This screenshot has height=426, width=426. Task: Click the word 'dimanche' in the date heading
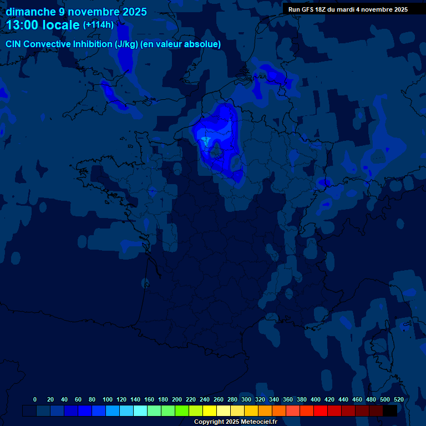pos(31,12)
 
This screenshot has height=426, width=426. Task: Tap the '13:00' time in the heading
pos(24,26)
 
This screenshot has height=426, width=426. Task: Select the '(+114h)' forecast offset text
pos(98,25)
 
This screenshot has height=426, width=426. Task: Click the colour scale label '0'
pos(35,399)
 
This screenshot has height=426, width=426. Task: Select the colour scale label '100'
pos(108,399)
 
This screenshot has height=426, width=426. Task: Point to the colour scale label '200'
pos(177,399)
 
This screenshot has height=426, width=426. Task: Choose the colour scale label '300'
pos(246,399)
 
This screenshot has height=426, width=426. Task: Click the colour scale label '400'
pos(316,399)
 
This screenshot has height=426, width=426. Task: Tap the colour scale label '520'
pos(398,399)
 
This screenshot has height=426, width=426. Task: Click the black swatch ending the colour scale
pos(390,410)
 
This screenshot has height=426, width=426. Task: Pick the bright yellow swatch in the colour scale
pos(210,410)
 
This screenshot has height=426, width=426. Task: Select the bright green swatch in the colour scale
pos(182,410)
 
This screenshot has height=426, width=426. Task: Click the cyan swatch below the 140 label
pos(140,410)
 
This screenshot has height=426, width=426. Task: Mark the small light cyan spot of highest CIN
pos(206,141)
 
